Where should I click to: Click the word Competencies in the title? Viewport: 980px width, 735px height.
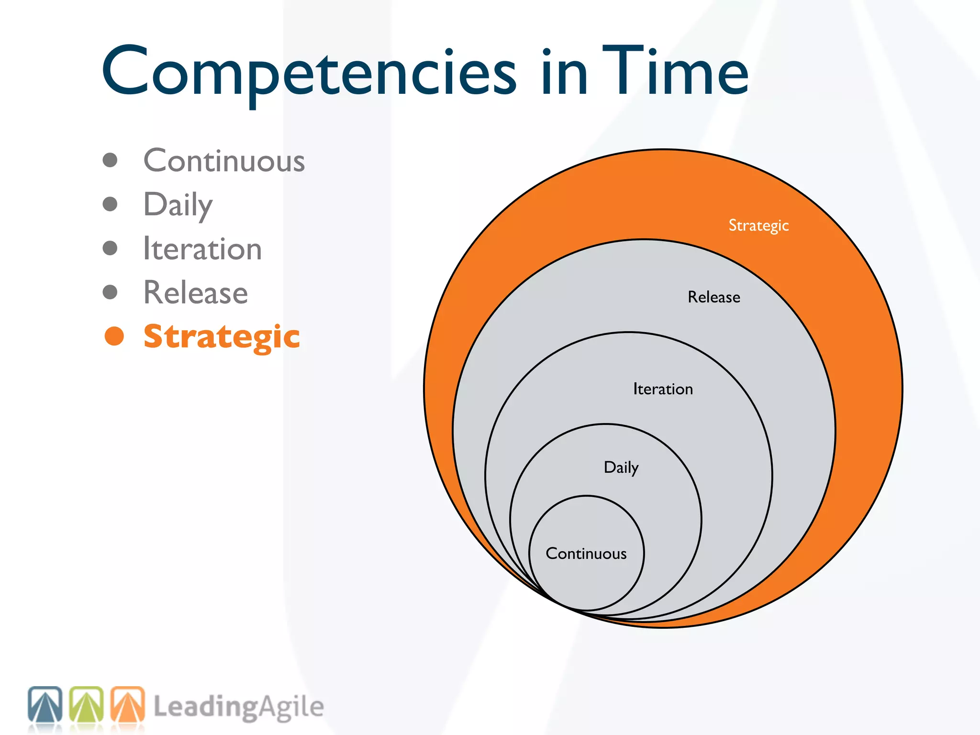point(309,72)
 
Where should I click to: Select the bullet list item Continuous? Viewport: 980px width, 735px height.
point(224,161)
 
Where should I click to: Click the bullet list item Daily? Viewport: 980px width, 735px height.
point(178,205)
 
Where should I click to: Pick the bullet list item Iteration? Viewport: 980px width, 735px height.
point(202,249)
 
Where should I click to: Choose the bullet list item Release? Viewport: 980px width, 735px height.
point(196,292)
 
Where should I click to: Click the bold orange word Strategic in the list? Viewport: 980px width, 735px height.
point(222,336)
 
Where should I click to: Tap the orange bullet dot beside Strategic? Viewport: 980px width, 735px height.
point(114,336)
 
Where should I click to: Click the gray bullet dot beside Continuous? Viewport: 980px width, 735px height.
point(110,160)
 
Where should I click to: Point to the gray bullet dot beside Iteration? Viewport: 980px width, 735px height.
point(110,248)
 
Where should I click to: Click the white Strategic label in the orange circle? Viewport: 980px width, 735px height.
point(758,225)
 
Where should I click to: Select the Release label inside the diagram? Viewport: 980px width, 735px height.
point(714,297)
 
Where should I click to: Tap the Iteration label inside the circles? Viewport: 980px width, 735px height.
point(663,389)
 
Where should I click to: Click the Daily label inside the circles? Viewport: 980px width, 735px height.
point(621,468)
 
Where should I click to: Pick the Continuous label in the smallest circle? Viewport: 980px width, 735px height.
point(586,554)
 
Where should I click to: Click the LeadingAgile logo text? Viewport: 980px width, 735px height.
point(239,707)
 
